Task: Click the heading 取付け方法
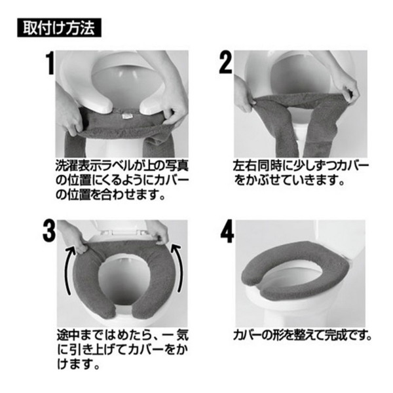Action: pyautogui.click(x=59, y=28)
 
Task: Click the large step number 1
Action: pyautogui.click(x=49, y=63)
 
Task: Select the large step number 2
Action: pyautogui.click(x=225, y=63)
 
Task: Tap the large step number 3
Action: pyautogui.click(x=49, y=231)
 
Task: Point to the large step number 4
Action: pyautogui.click(x=227, y=232)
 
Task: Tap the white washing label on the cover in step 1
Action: pyautogui.click(x=124, y=116)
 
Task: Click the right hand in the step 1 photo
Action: pyautogui.click(x=176, y=110)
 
